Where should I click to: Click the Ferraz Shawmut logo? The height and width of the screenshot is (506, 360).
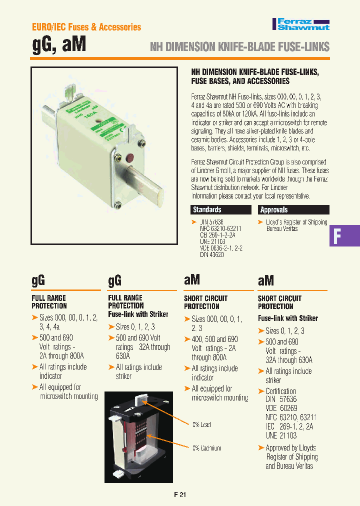click(x=300, y=24)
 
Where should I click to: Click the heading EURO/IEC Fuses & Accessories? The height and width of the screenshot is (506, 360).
click(x=86, y=27)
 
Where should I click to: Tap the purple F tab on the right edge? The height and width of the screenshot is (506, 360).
click(x=344, y=235)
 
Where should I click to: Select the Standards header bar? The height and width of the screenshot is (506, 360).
click(x=221, y=210)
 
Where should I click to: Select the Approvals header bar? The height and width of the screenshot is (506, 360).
click(x=293, y=210)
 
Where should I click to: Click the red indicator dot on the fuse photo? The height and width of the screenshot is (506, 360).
click(x=132, y=159)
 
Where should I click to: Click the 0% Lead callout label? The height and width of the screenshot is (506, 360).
click(x=201, y=424)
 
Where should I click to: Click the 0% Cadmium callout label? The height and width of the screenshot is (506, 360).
click(x=206, y=448)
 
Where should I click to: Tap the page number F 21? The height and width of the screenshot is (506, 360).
click(x=180, y=494)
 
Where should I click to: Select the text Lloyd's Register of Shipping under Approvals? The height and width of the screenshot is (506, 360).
click(x=296, y=222)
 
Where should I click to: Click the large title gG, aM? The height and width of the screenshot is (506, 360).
click(x=59, y=45)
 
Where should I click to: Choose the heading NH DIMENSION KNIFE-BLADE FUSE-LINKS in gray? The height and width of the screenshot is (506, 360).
click(x=240, y=47)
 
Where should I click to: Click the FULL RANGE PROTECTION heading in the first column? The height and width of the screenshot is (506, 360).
click(x=49, y=301)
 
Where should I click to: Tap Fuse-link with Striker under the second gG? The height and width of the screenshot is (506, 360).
click(x=138, y=314)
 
